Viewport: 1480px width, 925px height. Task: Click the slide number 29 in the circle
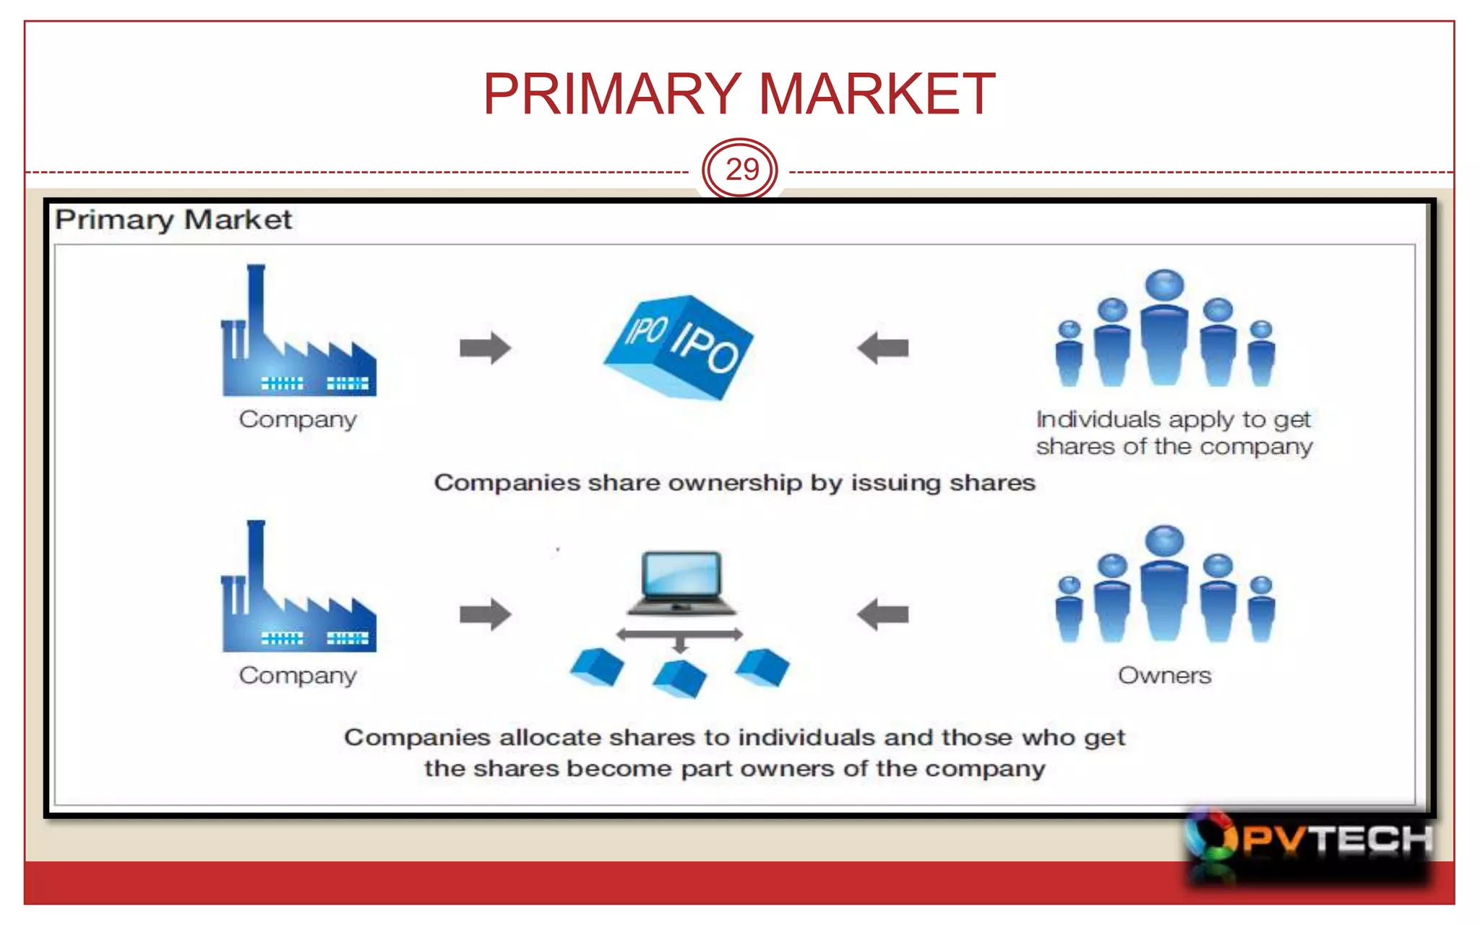point(741,170)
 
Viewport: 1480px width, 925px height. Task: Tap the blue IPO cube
point(679,346)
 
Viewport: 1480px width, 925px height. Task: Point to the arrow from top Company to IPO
point(485,348)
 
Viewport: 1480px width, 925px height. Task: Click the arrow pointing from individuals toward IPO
point(882,348)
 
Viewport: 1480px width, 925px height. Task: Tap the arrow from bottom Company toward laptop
point(485,614)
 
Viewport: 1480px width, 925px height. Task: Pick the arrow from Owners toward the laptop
point(882,614)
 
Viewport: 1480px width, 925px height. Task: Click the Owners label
point(1164,676)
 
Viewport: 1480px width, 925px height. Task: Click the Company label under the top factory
point(298,420)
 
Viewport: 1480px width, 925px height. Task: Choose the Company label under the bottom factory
point(298,676)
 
